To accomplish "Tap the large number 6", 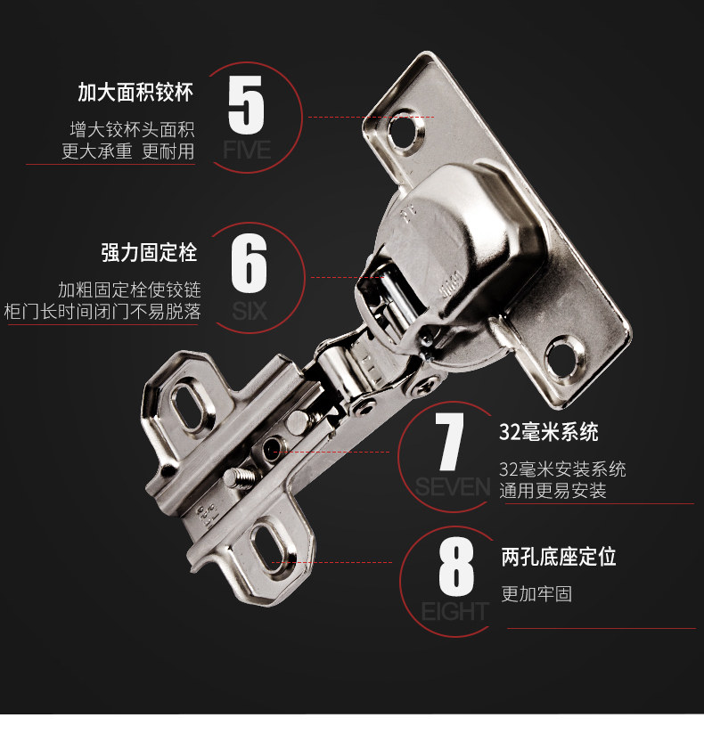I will coord(249,262).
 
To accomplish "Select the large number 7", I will coord(452,442).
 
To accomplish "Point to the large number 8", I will coord(456,567).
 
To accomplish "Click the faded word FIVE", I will coord(247,150).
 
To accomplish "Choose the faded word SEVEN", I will coord(453,486).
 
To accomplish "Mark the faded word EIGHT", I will coord(454,611).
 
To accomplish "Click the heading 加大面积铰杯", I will coord(135,92).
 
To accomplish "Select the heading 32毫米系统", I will coord(548,434).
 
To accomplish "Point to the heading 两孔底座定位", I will coord(558,558).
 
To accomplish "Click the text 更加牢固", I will coord(536,594).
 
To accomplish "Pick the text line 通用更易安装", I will coord(553,491).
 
